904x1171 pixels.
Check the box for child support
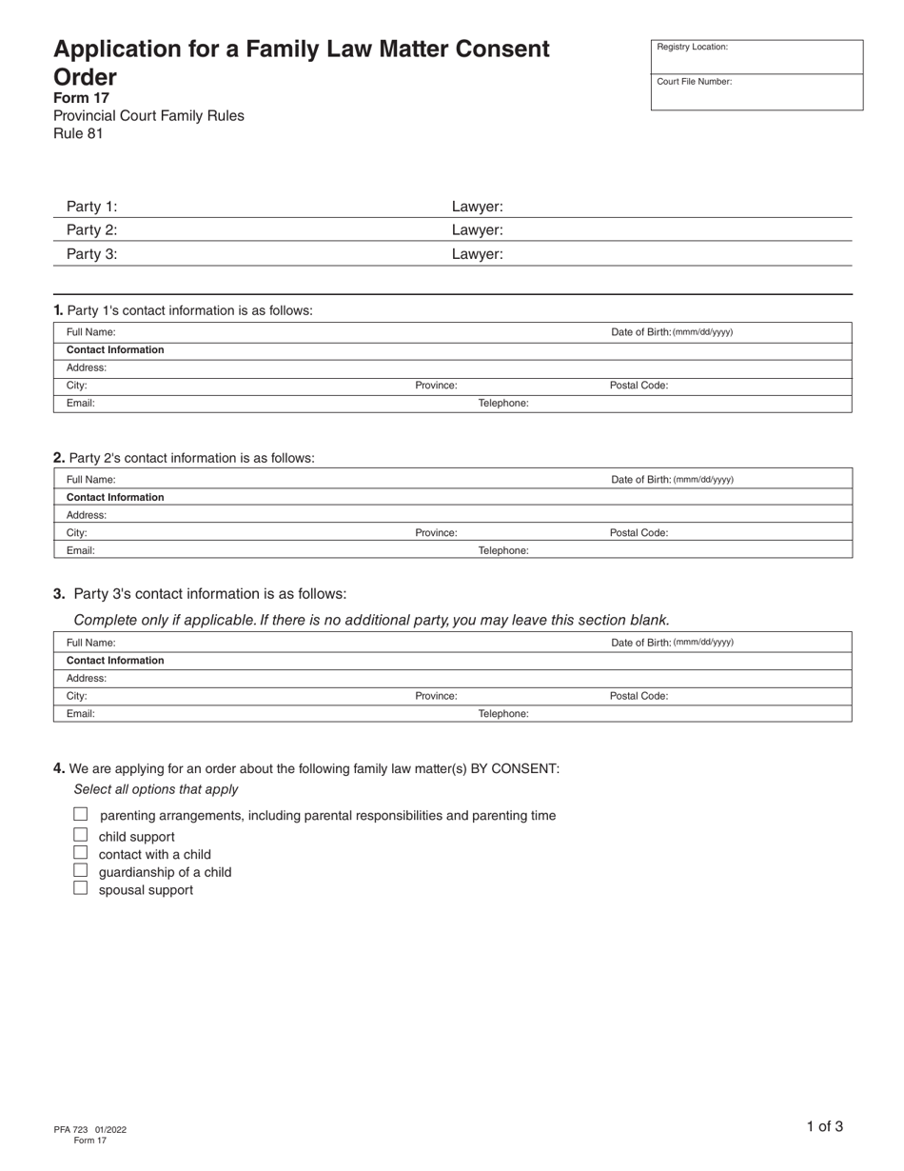(81, 835)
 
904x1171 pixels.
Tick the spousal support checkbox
(81, 888)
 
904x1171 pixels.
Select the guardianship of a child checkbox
(81, 870)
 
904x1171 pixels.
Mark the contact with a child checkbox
(81, 853)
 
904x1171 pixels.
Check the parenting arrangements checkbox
(81, 814)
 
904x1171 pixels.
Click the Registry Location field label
(692, 47)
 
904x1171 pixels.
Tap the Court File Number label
(694, 82)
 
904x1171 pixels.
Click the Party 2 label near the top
(91, 229)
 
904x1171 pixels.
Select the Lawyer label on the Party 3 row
(477, 254)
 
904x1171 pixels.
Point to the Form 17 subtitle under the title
(81, 98)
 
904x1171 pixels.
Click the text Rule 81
(78, 133)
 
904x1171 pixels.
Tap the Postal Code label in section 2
(639, 533)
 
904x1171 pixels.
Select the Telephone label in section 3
(502, 714)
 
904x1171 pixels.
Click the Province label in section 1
(436, 386)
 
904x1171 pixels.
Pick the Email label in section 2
(80, 550)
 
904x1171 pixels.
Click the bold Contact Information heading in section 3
(115, 661)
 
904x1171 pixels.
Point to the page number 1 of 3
(824, 1126)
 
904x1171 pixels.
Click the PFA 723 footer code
(71, 1130)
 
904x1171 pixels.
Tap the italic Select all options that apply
(156, 789)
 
